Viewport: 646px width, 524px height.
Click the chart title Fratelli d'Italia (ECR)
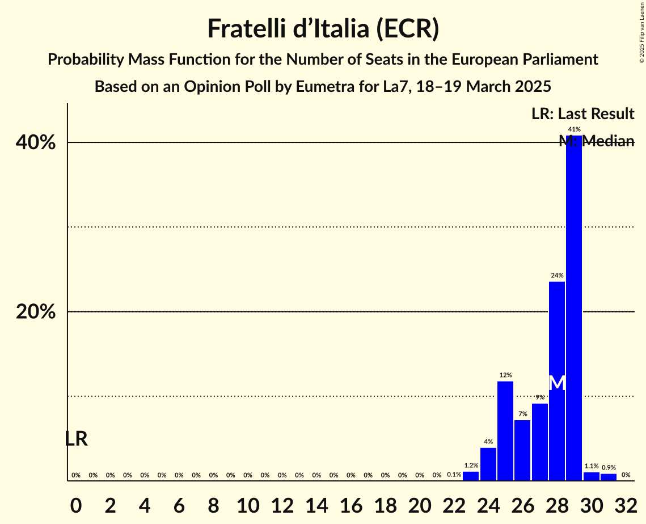click(x=323, y=28)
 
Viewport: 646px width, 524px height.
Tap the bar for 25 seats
click(x=505, y=431)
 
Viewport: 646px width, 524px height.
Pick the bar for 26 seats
click(x=522, y=450)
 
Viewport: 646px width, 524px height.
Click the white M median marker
click(x=558, y=383)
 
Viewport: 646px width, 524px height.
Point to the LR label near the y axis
click(x=76, y=438)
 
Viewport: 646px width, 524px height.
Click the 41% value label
click(x=574, y=129)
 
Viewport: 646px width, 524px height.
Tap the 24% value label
click(x=557, y=276)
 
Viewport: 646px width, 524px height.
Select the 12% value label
click(x=505, y=375)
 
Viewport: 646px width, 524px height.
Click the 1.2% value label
click(x=471, y=466)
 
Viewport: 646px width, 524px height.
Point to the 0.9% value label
click(x=609, y=467)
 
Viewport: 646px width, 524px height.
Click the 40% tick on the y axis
click(x=36, y=142)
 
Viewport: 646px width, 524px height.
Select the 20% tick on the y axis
click(x=36, y=312)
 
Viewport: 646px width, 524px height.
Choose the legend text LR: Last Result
click(x=582, y=114)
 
